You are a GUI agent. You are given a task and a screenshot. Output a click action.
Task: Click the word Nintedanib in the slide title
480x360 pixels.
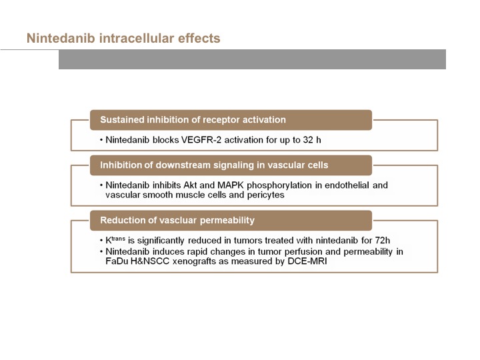pyautogui.click(x=61, y=38)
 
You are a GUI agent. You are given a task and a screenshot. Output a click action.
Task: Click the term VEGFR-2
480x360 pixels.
pyautogui.click(x=201, y=140)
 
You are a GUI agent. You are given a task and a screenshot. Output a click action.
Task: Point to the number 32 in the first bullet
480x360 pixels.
pyautogui.click(x=308, y=140)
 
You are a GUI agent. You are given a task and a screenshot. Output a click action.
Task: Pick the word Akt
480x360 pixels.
pyautogui.click(x=190, y=185)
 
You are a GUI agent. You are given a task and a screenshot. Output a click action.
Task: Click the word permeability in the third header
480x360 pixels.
pyautogui.click(x=227, y=221)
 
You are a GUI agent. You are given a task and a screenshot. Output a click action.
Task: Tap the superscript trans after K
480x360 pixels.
pyautogui.click(x=118, y=238)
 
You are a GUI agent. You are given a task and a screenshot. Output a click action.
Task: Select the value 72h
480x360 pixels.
pyautogui.click(x=383, y=240)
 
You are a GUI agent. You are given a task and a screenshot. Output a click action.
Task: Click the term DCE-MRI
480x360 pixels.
pyautogui.click(x=307, y=261)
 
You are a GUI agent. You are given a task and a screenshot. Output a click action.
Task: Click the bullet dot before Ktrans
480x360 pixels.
pyautogui.click(x=101, y=241)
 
